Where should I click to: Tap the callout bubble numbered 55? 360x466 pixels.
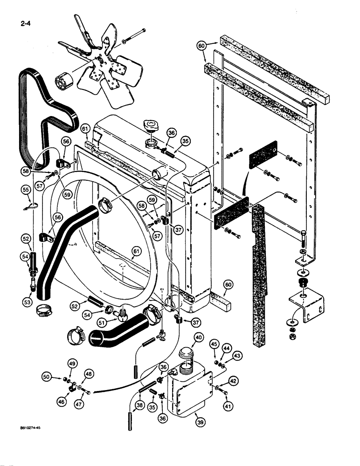coord(26,190)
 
